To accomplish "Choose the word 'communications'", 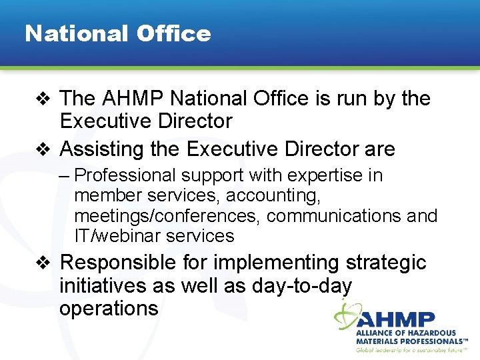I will coord(333,216).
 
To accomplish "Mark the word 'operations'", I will coord(109,308).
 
